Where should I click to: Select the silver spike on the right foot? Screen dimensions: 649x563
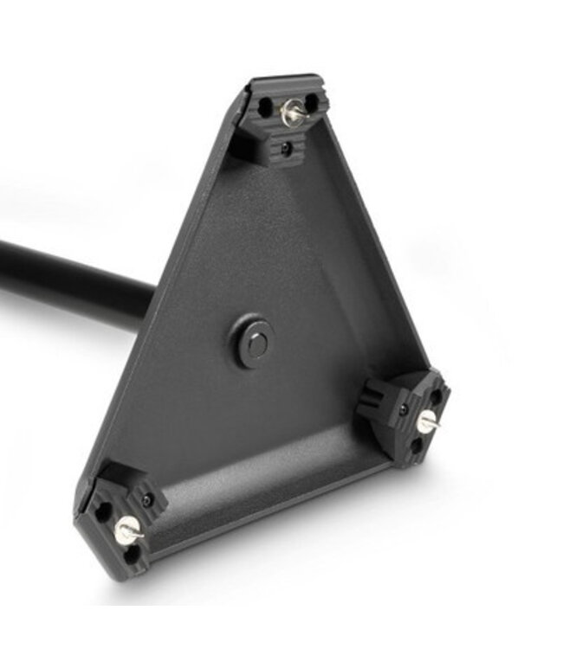pos(427,422)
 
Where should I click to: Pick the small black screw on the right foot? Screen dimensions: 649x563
pos(404,409)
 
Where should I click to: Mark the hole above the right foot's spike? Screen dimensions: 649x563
pos(436,396)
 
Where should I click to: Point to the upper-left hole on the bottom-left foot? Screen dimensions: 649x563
pos(103,511)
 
